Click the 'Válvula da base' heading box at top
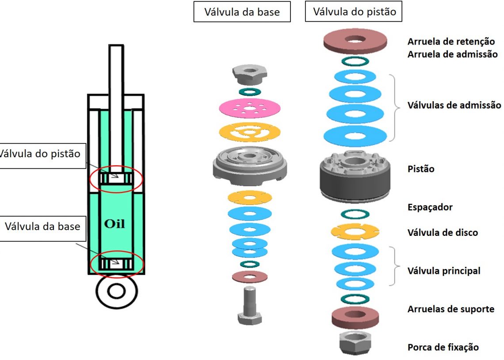pyautogui.click(x=242, y=12)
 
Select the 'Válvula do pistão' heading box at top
pyautogui.click(x=354, y=11)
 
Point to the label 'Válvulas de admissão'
pyautogui.click(x=454, y=106)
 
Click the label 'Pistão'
pyautogui.click(x=420, y=169)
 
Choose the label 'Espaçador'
pyautogui.click(x=430, y=207)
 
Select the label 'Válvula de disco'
pyautogui.click(x=443, y=232)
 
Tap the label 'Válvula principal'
pyautogui.click(x=443, y=271)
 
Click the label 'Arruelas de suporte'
pyautogui.click(x=451, y=309)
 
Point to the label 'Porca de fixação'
pyautogui.click(x=443, y=347)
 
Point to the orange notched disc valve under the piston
pyautogui.click(x=355, y=231)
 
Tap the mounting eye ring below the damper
pyautogui.click(x=117, y=292)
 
